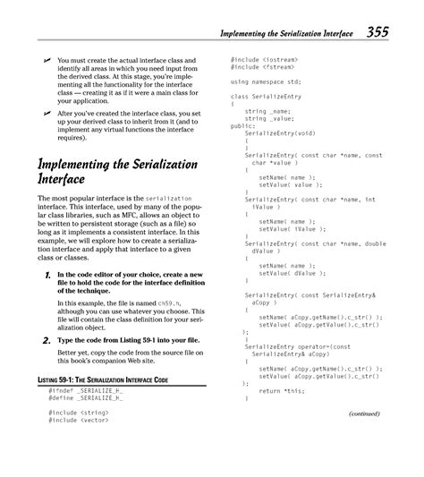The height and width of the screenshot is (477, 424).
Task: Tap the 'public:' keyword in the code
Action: point(242,126)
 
